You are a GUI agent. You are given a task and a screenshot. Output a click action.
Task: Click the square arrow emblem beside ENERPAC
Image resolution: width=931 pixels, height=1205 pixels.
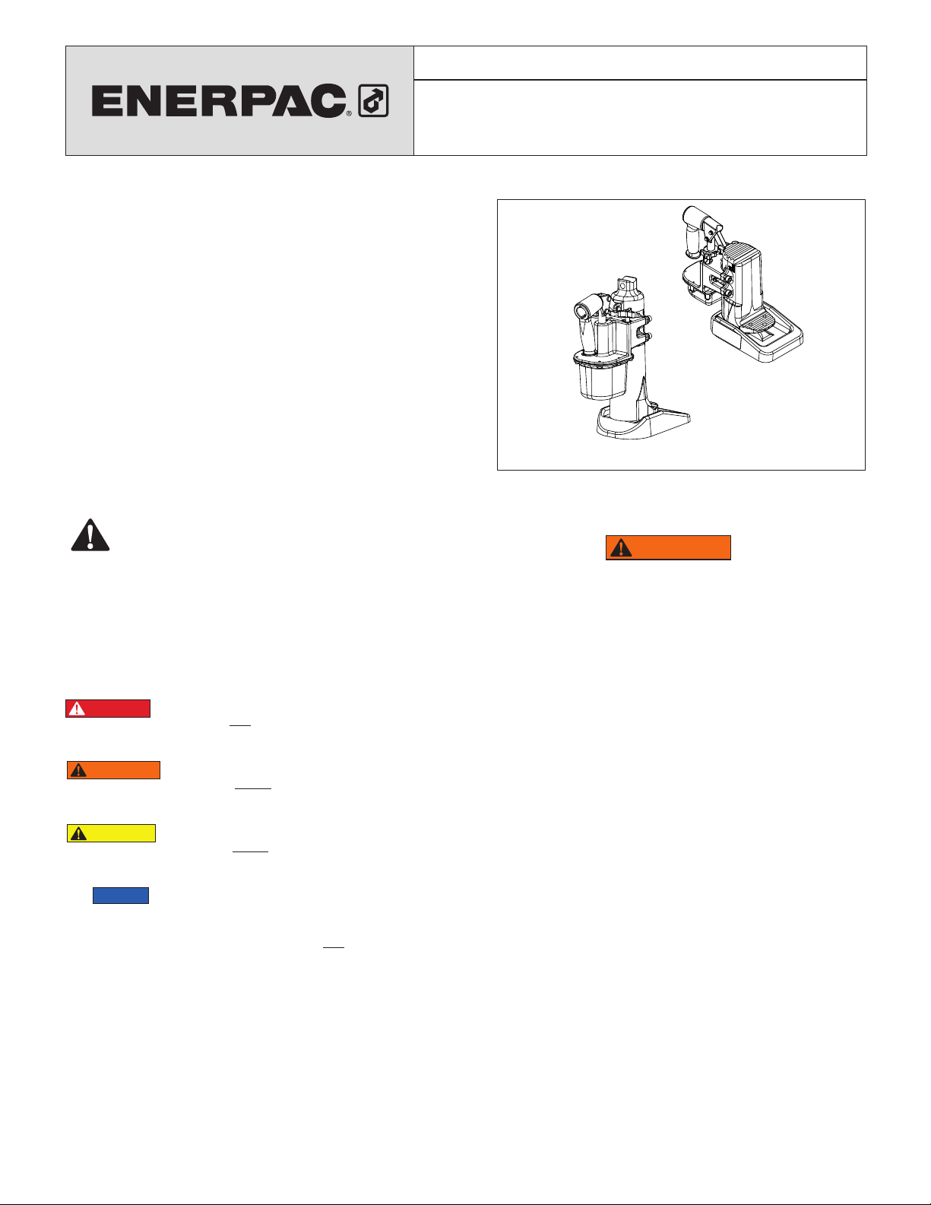pyautogui.click(x=373, y=100)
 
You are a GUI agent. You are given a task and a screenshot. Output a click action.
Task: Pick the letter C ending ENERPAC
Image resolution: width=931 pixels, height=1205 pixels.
pyautogui.click(x=328, y=101)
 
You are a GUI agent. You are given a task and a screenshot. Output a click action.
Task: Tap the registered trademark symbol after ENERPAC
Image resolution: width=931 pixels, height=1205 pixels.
pyautogui.click(x=349, y=113)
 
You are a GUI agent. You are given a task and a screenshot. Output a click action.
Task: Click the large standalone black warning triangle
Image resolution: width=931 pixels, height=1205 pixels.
pyautogui.click(x=90, y=535)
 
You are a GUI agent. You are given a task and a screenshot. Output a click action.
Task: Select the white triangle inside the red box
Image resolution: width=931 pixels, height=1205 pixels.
pyautogui.click(x=77, y=709)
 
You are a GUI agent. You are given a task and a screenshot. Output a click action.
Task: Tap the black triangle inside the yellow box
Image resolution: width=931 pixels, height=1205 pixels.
pyautogui.click(x=79, y=833)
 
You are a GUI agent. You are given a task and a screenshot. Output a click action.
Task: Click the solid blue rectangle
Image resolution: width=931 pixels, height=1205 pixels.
pyautogui.click(x=121, y=896)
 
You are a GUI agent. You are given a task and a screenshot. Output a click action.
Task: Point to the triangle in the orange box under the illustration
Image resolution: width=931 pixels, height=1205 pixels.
pyautogui.click(x=621, y=548)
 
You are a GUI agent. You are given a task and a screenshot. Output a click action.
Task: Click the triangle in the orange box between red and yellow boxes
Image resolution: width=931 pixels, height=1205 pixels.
pyautogui.click(x=79, y=770)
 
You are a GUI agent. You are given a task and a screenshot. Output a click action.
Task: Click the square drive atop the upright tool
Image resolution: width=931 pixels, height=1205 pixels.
pyautogui.click(x=627, y=284)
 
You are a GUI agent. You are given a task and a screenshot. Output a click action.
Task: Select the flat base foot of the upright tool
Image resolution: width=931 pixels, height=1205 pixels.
pyautogui.click(x=643, y=424)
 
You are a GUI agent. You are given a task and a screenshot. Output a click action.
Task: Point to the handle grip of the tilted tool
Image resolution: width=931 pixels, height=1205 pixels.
pyautogui.click(x=692, y=233)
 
